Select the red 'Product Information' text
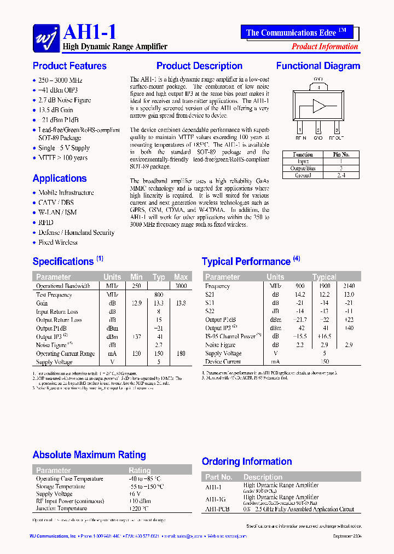pos(325,47)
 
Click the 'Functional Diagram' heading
pos(318,66)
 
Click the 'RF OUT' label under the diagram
pos(337,138)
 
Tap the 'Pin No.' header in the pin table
pos(341,155)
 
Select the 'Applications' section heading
pos(60,178)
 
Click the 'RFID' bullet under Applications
pos(46,223)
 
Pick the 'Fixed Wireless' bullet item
pos(58,243)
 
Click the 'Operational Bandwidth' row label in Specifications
pos(63,286)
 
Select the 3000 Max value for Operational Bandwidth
pos(181,286)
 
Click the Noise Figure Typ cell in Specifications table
pos(159,345)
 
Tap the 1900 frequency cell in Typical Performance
pos(324,286)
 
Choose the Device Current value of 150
pos(324,362)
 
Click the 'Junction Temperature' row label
pos(61,509)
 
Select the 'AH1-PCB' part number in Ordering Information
pos(217,509)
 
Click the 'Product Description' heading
pos(199,66)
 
